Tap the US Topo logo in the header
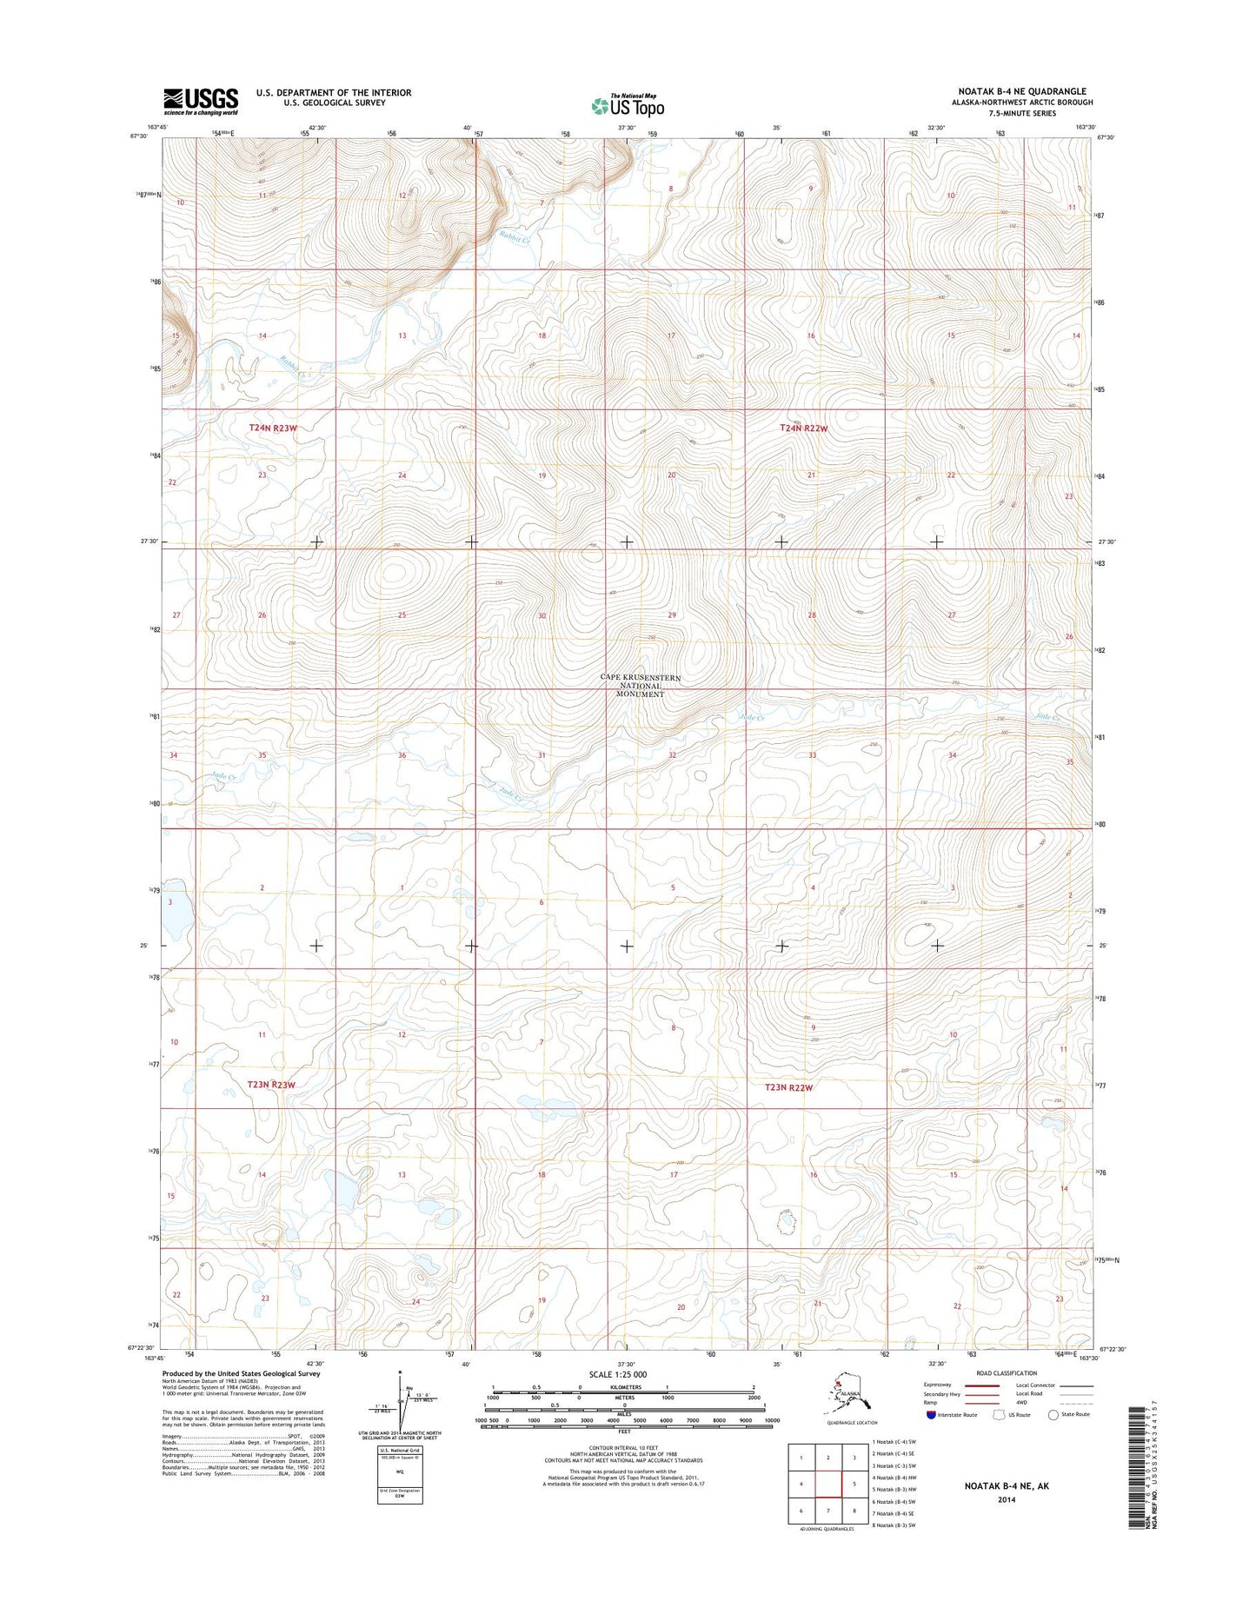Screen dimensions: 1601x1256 628,105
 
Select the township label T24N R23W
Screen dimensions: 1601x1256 273,428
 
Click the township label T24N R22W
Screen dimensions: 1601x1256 803,428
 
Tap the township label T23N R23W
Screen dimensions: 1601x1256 271,1085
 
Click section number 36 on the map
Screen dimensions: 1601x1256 402,755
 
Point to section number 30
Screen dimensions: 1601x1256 542,615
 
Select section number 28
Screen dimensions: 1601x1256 812,615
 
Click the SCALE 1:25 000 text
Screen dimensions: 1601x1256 623,1374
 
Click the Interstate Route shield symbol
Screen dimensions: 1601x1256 932,1414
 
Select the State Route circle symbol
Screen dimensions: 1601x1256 1053,1414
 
